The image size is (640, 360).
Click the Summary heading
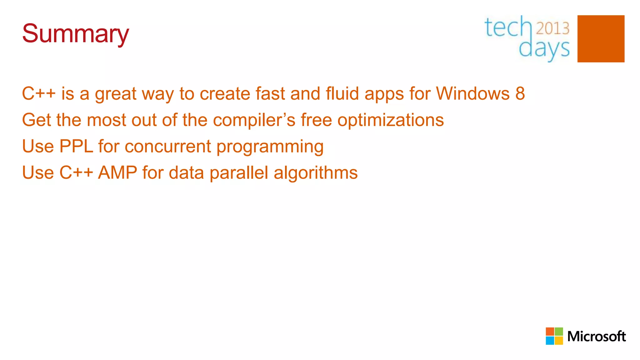coord(75,34)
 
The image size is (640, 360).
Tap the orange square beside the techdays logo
coord(601,39)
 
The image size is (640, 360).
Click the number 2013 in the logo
coord(552,28)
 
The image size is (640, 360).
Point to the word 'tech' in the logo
coord(507,27)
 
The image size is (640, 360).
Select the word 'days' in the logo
coord(544,49)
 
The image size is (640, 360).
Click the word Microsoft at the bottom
coord(596,337)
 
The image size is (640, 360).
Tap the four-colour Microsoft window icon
coord(554,336)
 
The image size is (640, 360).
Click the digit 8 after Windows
coord(520,93)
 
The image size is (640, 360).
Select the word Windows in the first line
coord(473,93)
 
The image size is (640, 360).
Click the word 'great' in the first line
coord(116,94)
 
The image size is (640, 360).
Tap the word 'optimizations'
coord(391,120)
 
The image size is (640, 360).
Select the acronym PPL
coord(76,146)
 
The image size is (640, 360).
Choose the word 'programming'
coord(270,147)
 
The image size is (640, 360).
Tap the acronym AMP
coord(117,172)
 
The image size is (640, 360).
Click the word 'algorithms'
coord(316,173)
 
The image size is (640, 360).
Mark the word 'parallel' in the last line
coord(239,173)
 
